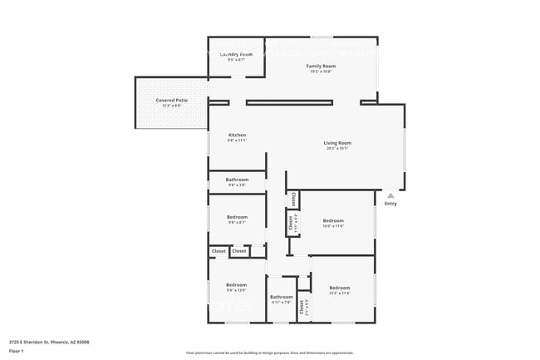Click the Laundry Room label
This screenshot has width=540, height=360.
236,54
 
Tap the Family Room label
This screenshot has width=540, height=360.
321,66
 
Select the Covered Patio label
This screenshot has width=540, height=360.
171,100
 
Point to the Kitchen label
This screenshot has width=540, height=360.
237,135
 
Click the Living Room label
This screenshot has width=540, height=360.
337,143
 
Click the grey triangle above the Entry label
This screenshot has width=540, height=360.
390,195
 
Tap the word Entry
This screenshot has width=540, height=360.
390,203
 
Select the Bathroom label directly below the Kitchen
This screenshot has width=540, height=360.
237,180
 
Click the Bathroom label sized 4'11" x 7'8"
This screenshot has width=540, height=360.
281,297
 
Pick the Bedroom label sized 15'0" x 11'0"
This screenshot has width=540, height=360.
333,220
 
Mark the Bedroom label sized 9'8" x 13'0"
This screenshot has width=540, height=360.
237,285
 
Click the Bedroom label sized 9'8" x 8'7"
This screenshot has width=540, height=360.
237,217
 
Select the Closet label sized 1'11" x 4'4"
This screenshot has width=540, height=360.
292,222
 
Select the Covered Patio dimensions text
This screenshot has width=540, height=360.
171,106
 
